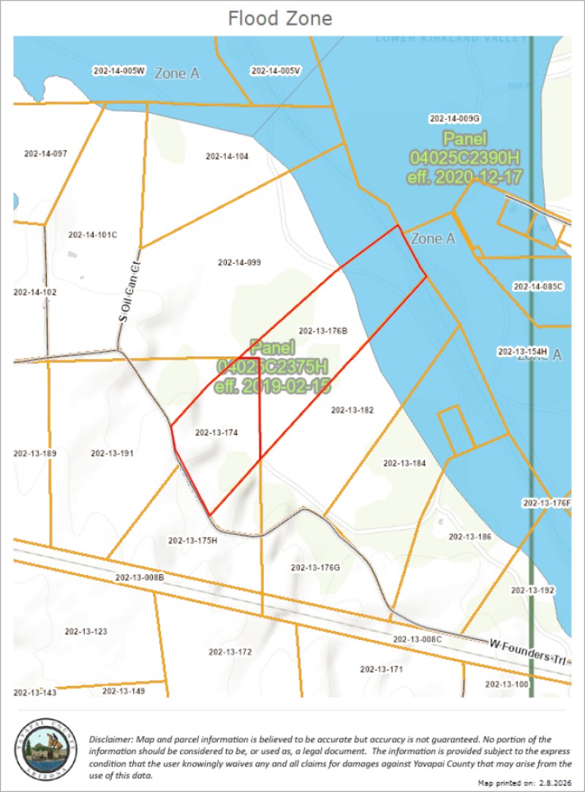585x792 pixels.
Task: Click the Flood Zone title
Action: (x=279, y=18)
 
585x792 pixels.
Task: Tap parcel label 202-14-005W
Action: (x=120, y=71)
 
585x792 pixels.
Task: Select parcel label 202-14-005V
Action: (x=276, y=71)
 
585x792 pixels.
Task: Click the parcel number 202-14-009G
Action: (x=454, y=118)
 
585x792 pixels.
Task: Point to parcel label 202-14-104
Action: (x=227, y=156)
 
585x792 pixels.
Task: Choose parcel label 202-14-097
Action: (x=45, y=153)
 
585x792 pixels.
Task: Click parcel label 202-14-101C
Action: (x=92, y=235)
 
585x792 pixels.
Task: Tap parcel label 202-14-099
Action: (x=240, y=262)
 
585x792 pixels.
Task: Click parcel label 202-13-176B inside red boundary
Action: (x=322, y=331)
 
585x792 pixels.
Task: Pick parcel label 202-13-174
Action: (x=217, y=433)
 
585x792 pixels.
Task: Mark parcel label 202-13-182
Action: (x=352, y=411)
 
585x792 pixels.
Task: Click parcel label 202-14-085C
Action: (x=538, y=286)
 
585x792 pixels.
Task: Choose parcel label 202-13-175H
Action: (x=193, y=541)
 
